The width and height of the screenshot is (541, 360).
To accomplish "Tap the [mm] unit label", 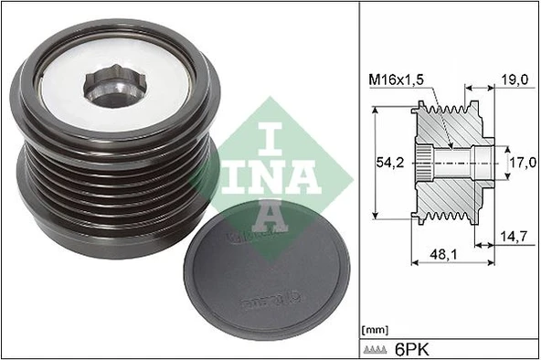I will pyautogui.click(x=375, y=328).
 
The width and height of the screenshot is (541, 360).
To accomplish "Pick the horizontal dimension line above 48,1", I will pyautogui.click(x=455, y=262).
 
